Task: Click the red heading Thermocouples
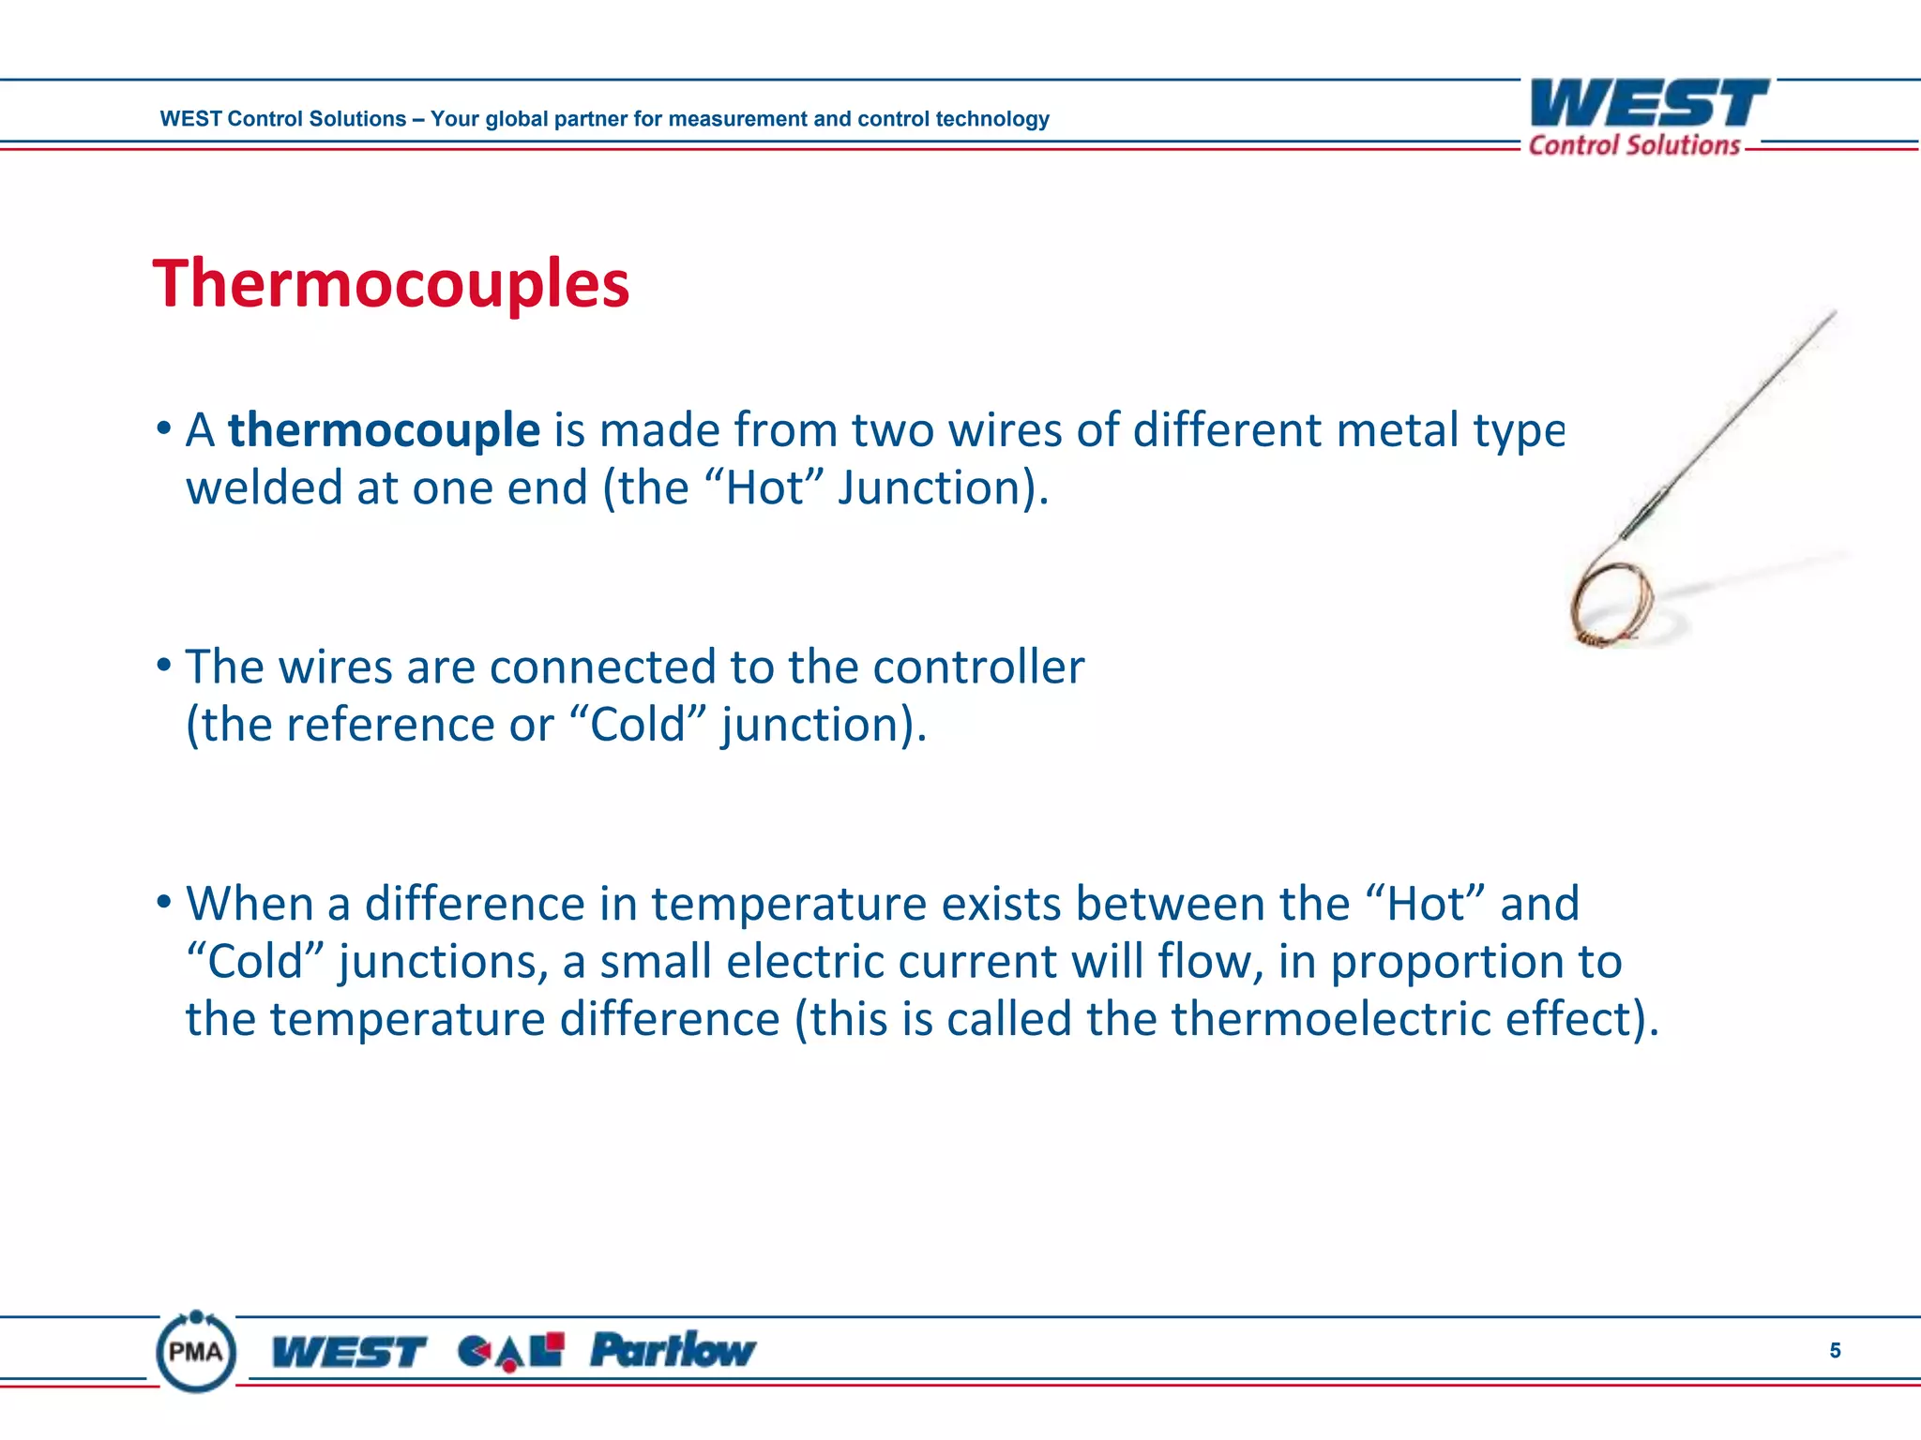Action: [x=390, y=284]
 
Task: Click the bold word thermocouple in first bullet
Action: [x=384, y=430]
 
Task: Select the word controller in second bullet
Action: [x=977, y=667]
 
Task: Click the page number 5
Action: [x=1835, y=1350]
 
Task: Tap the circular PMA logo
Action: [x=196, y=1351]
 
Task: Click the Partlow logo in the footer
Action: [x=672, y=1350]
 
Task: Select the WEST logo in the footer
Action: [x=348, y=1352]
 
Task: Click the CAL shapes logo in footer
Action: [x=511, y=1351]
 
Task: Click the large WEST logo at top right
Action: [x=1648, y=103]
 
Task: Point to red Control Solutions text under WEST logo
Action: [x=1634, y=145]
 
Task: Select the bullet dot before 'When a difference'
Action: [x=164, y=903]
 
